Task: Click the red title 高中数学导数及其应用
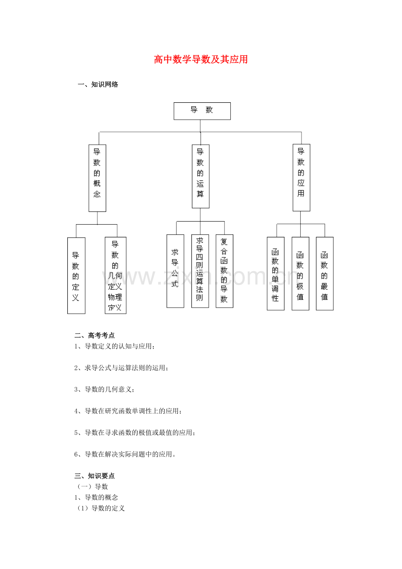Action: click(x=201, y=59)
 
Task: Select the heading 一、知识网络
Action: click(x=98, y=85)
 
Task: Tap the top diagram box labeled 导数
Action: click(x=202, y=111)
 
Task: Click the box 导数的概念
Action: click(x=97, y=178)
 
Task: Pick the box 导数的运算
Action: click(x=201, y=176)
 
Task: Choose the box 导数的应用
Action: click(x=301, y=177)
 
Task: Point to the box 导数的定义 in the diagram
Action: click(x=76, y=275)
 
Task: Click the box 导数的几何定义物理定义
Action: click(x=115, y=275)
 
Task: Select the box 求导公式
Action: click(x=175, y=271)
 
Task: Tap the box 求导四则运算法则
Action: click(x=200, y=271)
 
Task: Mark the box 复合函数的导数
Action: click(x=224, y=271)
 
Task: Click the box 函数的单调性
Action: click(x=275, y=274)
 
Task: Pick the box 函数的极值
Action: click(x=300, y=274)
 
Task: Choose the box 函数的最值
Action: click(x=324, y=274)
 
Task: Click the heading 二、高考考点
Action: click(x=94, y=336)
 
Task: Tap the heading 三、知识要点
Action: click(x=94, y=476)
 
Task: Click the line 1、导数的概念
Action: click(x=96, y=497)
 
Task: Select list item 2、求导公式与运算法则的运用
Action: click(x=121, y=368)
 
